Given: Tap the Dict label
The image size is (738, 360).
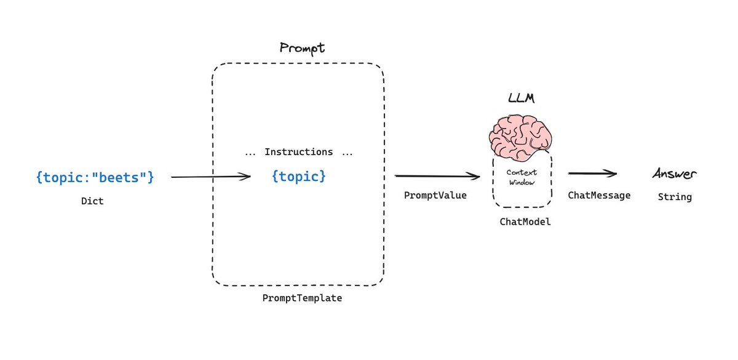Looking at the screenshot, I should click(92, 201).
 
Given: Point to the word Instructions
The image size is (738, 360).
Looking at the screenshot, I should click(298, 152).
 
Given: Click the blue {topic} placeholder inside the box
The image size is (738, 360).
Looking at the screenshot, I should click(298, 177).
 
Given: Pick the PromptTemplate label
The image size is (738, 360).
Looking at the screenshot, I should click(302, 298).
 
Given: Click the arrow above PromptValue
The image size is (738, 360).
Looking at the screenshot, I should click(437, 177).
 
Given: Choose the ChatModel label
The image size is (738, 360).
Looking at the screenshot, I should click(525, 222).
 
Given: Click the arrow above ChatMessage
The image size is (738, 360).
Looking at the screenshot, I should click(592, 174).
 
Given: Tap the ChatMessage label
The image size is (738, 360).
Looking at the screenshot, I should click(599, 195).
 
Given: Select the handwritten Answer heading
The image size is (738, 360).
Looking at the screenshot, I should click(675, 175).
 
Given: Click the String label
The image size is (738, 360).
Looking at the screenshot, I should click(675, 197).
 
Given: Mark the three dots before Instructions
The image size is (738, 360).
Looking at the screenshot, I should click(250, 153).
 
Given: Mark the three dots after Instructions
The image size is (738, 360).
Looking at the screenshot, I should click(347, 153).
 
